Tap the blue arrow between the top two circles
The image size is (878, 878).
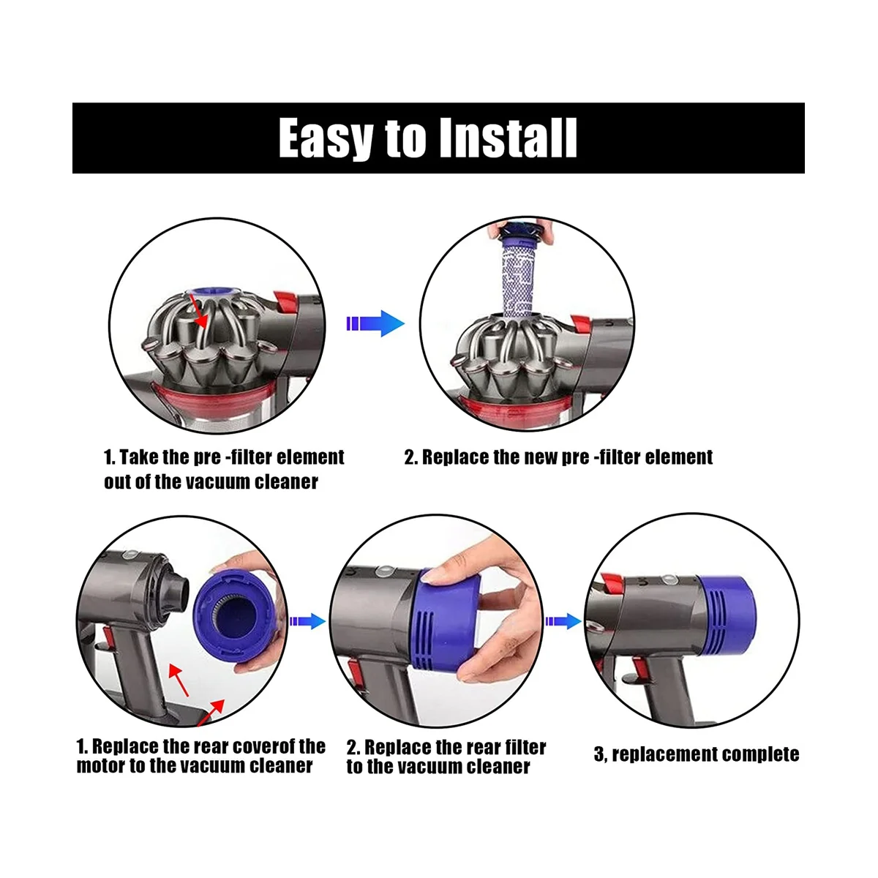[x=374, y=323]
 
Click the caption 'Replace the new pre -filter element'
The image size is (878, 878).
[x=558, y=457]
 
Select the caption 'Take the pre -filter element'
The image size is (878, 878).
[x=223, y=457]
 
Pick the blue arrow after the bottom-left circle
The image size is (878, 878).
[x=307, y=621]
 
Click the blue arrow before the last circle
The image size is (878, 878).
[x=563, y=621]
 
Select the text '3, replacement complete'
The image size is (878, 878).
[x=696, y=754]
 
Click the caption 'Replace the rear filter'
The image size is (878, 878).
[x=446, y=747]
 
